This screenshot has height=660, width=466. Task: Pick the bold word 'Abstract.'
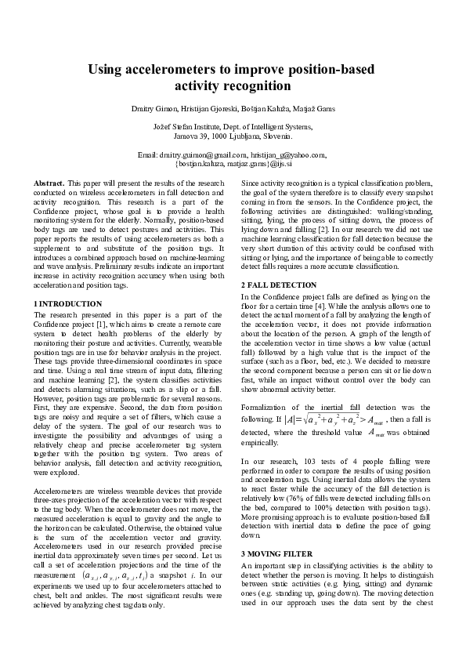49,183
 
